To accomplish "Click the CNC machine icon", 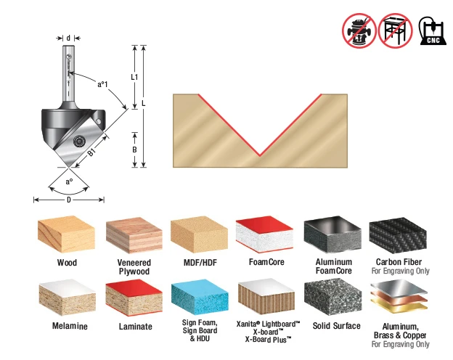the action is [433, 30].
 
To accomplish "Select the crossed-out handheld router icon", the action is [359, 30].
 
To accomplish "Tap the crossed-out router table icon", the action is [395, 30].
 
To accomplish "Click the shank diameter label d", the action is [68, 38].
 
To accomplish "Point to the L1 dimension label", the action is [134, 77].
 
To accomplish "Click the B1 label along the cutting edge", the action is [91, 152].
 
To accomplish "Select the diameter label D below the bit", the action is [69, 200].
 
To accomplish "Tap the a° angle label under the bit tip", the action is [69, 181].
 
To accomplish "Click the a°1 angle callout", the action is [102, 84].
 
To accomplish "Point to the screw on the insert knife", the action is [78, 141].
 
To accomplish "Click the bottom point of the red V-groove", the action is [260, 156].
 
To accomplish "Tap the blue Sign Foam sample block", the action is [200, 298].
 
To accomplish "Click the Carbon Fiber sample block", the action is [398, 235].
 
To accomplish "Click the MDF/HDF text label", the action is [200, 263].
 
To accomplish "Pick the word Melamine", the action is [70, 326].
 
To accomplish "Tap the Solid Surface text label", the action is [337, 326].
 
